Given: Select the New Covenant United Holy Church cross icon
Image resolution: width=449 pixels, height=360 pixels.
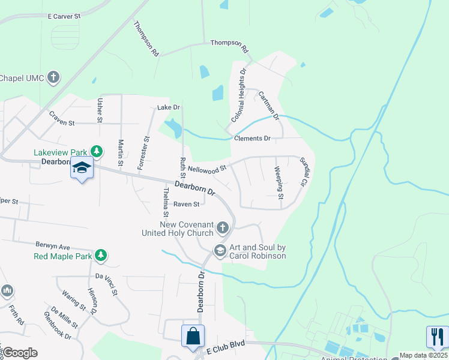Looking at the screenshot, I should (x=223, y=227).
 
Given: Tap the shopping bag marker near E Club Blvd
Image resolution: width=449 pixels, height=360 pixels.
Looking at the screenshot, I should (x=193, y=337).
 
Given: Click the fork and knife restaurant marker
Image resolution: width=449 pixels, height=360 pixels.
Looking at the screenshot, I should (x=436, y=337).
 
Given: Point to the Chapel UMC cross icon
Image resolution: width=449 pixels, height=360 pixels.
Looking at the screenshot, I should (x=53, y=77).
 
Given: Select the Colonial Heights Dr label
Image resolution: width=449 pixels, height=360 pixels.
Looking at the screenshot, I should (x=237, y=96).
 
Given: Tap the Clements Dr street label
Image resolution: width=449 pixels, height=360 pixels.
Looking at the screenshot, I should (x=252, y=139).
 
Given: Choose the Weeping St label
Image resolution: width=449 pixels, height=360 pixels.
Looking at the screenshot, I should (x=279, y=179).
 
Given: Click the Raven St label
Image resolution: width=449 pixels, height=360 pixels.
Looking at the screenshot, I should (x=186, y=204).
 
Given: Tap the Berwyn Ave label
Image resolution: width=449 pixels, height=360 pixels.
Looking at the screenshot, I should (x=53, y=247).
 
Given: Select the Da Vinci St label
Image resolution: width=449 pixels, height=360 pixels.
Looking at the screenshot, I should (x=106, y=283).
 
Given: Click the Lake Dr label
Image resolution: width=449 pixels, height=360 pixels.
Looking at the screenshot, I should (x=169, y=107).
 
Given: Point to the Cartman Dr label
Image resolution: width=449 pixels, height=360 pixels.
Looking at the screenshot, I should (x=268, y=105).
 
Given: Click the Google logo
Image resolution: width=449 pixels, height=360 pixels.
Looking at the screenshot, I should (x=20, y=353).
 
